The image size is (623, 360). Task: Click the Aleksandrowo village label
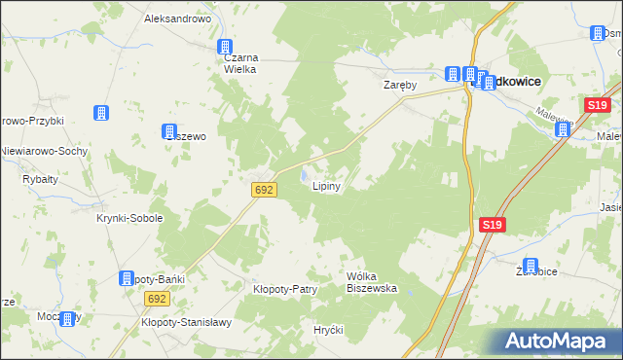(177, 18)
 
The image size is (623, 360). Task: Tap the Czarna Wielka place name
(234, 62)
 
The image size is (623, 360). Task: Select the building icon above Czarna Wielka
(225, 46)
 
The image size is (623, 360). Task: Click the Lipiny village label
(325, 188)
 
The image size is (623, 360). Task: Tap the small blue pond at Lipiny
(306, 176)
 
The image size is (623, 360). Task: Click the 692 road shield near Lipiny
(263, 190)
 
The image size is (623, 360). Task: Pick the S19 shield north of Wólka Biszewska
(493, 226)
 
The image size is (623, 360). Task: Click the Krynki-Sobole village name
(128, 218)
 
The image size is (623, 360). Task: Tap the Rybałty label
(40, 179)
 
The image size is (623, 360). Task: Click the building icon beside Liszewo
(167, 130)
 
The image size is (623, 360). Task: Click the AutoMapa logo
(561, 342)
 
